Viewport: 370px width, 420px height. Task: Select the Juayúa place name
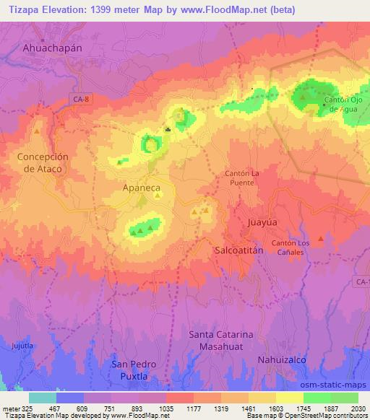tap(262, 223)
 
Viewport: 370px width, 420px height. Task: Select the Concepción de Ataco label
tap(43, 162)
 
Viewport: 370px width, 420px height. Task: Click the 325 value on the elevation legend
tap(20, 407)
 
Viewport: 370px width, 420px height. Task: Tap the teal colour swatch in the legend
tap(43, 397)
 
